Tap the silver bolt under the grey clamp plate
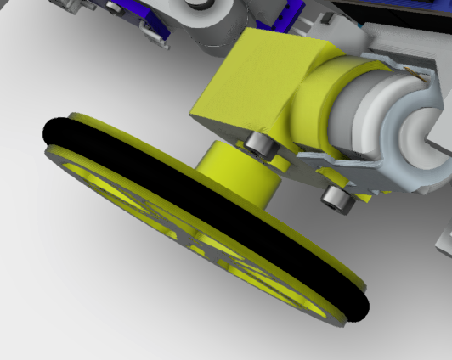337,200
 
